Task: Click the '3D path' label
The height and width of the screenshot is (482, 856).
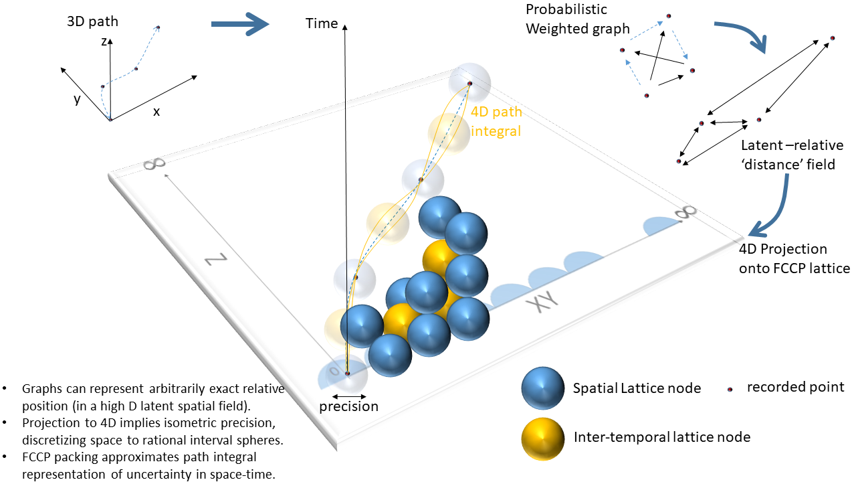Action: [92, 21]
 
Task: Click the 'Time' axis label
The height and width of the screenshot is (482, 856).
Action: [322, 23]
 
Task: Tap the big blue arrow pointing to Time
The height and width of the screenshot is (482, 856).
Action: [239, 25]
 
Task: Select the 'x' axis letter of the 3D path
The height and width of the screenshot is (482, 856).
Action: [156, 112]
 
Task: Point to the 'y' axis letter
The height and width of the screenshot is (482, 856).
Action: [78, 99]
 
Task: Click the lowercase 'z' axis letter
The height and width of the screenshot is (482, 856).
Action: [104, 42]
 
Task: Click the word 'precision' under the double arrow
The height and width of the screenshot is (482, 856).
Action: [348, 406]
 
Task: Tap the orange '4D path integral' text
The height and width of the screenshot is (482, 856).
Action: [496, 122]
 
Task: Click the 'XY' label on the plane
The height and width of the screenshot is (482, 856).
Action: [542, 305]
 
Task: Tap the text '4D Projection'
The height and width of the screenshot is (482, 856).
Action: [783, 250]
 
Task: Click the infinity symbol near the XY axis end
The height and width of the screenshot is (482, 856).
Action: [684, 212]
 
